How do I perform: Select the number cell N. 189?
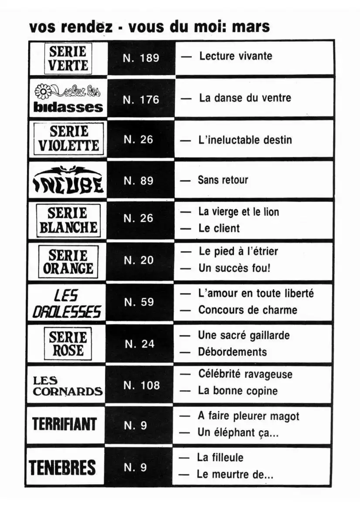point(141,58)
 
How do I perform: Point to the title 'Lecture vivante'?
point(235,56)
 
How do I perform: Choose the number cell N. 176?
point(141,100)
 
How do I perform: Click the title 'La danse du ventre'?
point(245,98)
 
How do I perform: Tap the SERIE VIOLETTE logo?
point(69,138)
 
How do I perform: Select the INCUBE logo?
point(68,179)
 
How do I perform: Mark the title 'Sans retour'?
point(223,180)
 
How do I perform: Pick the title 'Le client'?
point(219,228)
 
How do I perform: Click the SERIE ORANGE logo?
point(68,262)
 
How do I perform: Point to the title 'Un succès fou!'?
point(234,268)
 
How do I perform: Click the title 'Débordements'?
point(232,352)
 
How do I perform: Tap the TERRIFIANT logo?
point(65,425)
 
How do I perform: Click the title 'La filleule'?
point(220,458)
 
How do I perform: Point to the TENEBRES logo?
point(62,467)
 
